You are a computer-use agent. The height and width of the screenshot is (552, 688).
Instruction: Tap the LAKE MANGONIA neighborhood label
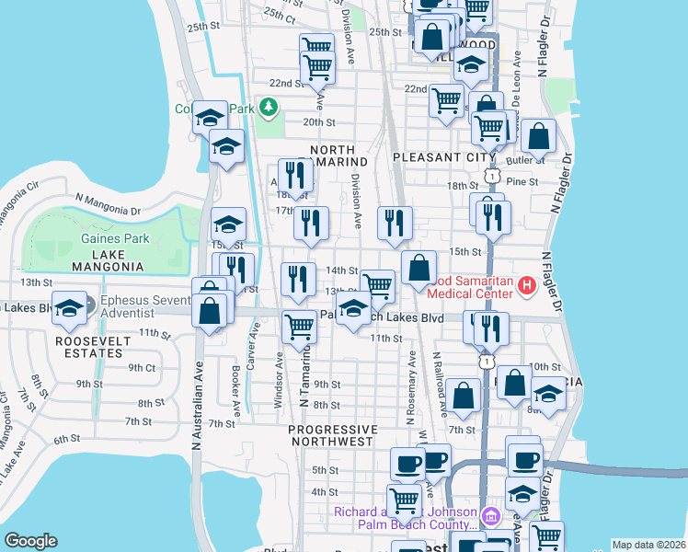111,259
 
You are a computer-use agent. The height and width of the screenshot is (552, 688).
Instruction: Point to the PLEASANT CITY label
438,157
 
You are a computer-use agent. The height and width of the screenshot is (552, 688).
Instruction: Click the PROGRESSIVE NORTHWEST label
332,436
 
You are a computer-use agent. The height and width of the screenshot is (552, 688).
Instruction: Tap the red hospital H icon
526,286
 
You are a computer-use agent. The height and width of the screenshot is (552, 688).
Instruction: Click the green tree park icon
268,109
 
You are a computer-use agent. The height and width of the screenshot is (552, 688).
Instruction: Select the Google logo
30,541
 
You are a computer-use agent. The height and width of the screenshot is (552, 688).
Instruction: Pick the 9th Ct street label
142,366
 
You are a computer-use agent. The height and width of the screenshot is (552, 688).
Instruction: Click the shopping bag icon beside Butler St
538,135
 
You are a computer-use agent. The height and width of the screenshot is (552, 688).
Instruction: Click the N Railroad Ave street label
440,379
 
